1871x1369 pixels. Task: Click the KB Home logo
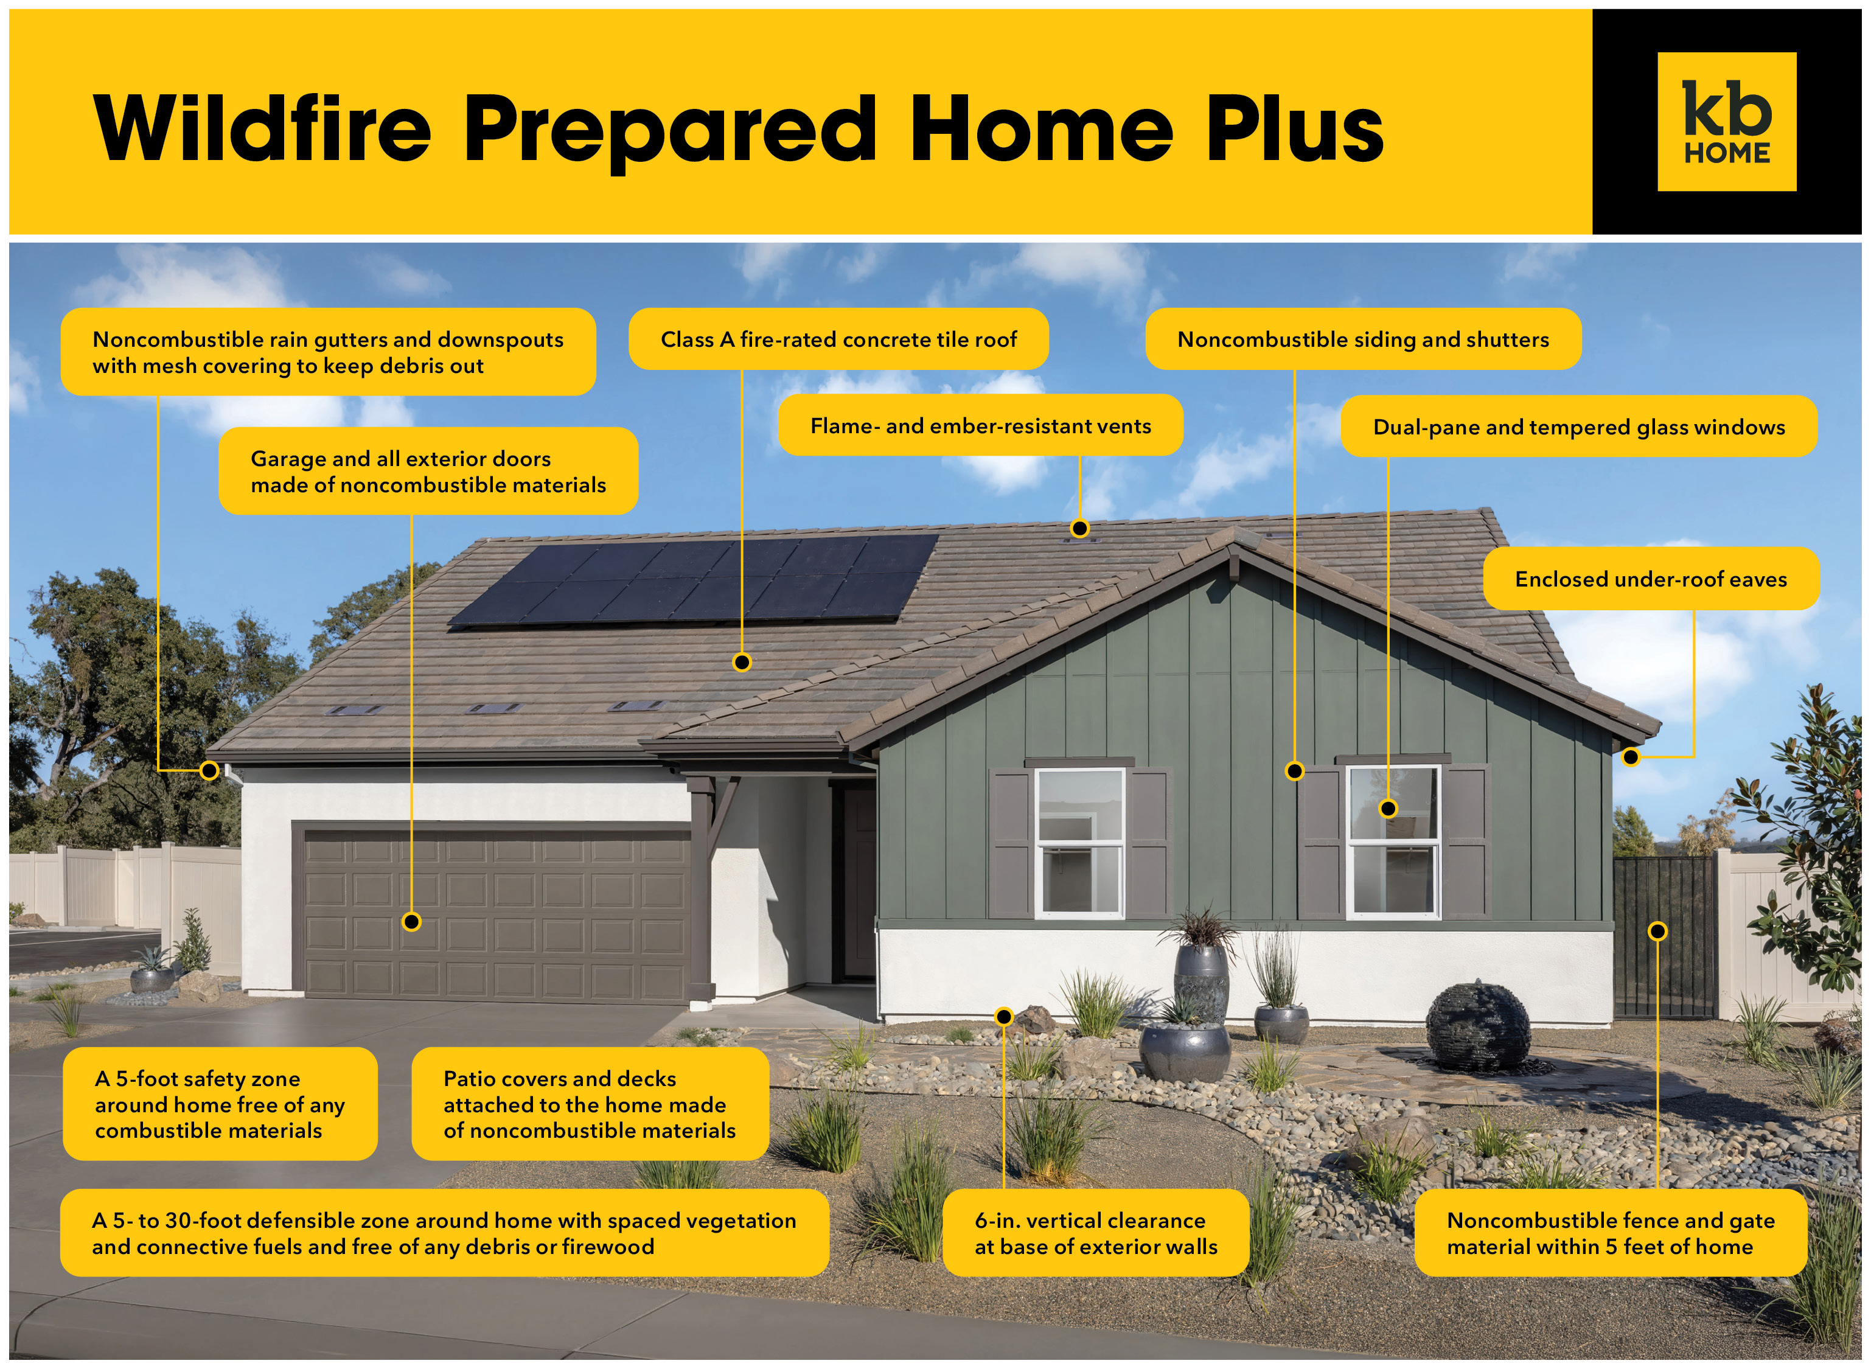[x=1726, y=122]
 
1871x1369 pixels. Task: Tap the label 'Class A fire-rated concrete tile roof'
[x=838, y=339]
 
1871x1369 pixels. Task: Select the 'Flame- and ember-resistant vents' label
[x=980, y=425]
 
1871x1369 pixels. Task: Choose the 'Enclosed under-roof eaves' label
[x=1651, y=579]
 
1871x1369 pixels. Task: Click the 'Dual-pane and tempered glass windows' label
[x=1578, y=427]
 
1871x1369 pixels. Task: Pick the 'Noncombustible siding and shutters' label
[x=1363, y=339]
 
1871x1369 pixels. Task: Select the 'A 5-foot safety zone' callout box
[x=220, y=1104]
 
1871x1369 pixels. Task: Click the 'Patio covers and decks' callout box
[x=590, y=1104]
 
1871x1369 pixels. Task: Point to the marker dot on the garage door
[x=412, y=922]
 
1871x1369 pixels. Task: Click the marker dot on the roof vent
[x=1079, y=528]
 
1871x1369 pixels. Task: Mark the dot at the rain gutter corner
[x=210, y=771]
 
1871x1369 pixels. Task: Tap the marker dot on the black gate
[x=1657, y=932]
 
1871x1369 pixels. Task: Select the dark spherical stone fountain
[x=1477, y=1026]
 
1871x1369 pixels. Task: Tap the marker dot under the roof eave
[x=1631, y=756]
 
